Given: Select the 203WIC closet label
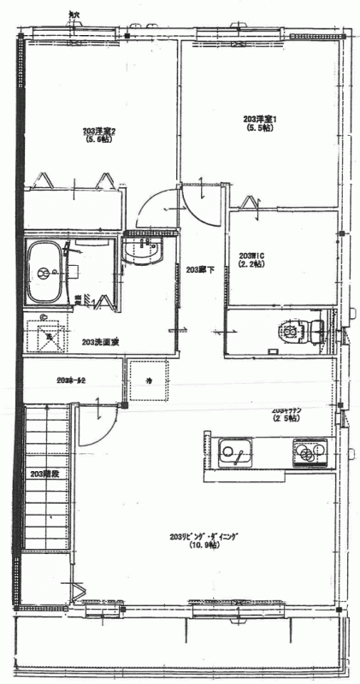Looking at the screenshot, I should pos(250,256).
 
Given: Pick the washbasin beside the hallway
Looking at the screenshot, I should pos(141,251).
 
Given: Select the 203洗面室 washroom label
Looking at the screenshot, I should pos(100,342).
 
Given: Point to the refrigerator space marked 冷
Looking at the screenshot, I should pos(148,380).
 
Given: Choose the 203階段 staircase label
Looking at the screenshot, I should pos(42,473).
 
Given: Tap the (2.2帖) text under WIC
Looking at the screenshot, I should pos(251,265).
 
